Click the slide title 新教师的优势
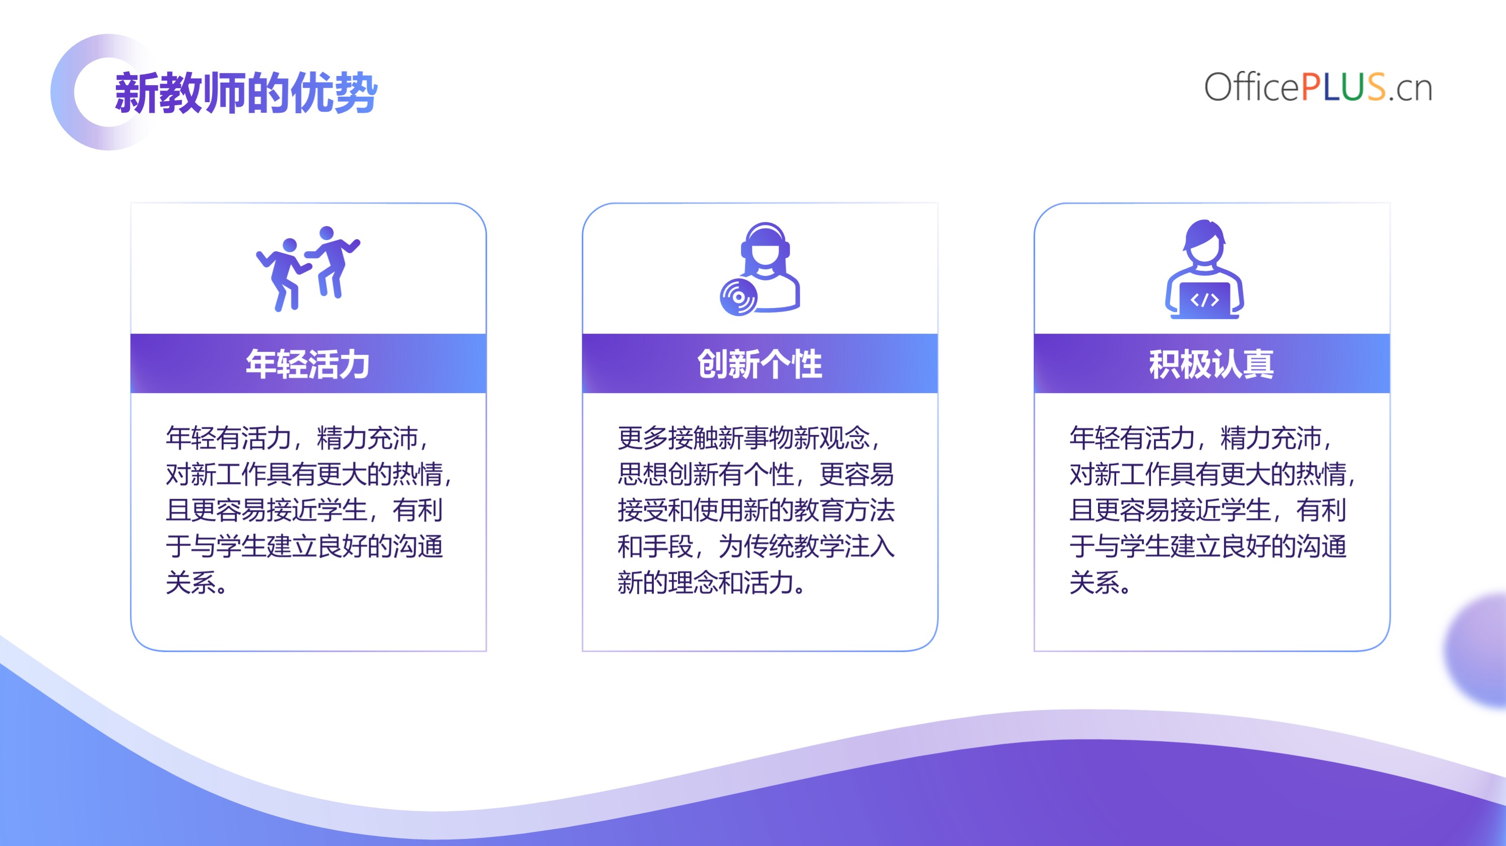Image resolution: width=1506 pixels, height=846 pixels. pyautogui.click(x=246, y=92)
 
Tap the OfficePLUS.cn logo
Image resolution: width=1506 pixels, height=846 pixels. pyautogui.click(x=1318, y=88)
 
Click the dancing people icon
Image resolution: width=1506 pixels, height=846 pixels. pyautogui.click(x=308, y=268)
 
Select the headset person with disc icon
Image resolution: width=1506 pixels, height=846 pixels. pyautogui.click(x=760, y=269)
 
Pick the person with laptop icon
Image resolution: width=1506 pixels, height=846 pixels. pyautogui.click(x=1204, y=269)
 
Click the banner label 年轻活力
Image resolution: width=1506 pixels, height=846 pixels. pyautogui.click(x=308, y=364)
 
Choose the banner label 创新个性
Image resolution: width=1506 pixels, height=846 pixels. pyautogui.click(x=760, y=364)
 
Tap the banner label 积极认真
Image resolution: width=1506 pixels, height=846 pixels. pyautogui.click(x=1211, y=364)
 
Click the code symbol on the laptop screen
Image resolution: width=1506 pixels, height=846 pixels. pyautogui.click(x=1204, y=300)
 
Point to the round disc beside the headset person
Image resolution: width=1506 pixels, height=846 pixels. pyautogui.click(x=738, y=297)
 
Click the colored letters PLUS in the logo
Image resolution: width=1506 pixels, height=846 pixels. pyautogui.click(x=1343, y=88)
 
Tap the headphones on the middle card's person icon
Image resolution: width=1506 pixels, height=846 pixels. pyautogui.click(x=765, y=240)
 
